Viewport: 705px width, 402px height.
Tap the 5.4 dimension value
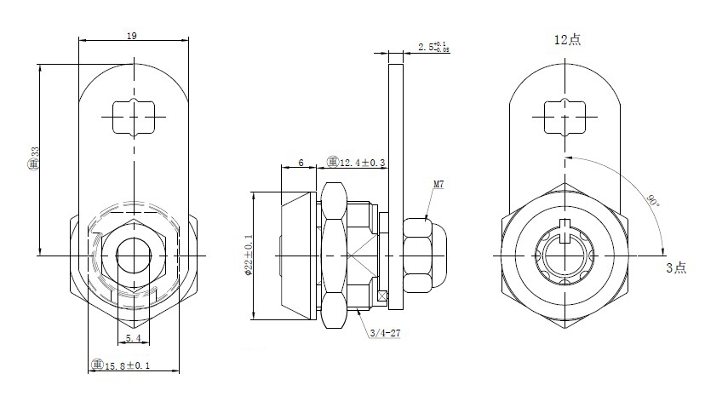coord(133,338)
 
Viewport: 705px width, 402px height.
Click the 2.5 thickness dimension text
coord(434,48)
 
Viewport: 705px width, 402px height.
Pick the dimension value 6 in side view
coord(301,163)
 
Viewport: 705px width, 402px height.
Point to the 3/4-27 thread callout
coord(385,333)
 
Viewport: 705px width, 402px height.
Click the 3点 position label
coord(675,267)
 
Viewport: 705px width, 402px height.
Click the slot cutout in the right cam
coord(563,118)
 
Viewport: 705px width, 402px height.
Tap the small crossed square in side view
coord(382,296)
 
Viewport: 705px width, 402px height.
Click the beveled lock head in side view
coord(297,256)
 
